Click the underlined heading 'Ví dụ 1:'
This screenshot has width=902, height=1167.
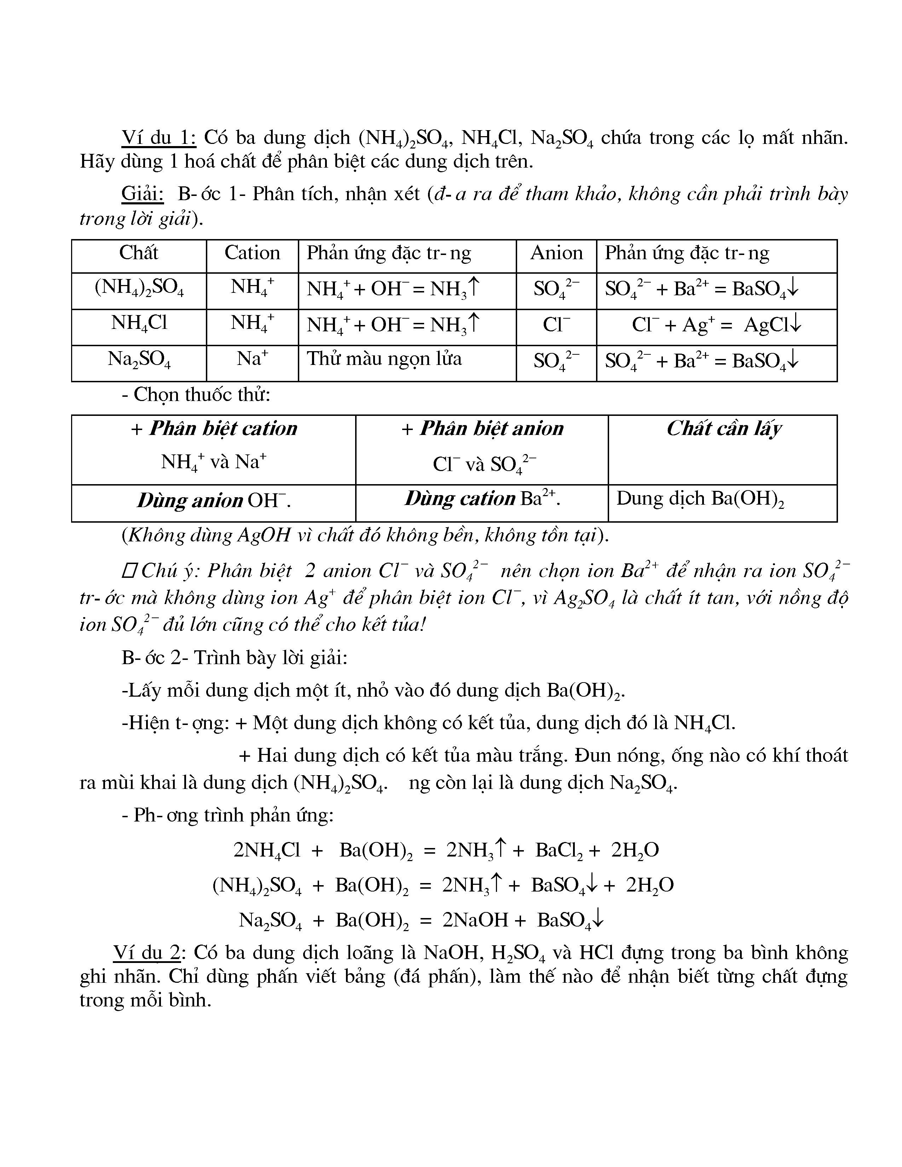[x=159, y=138]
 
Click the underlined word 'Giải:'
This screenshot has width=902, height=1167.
[x=142, y=194]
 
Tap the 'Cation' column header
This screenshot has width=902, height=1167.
[x=252, y=253]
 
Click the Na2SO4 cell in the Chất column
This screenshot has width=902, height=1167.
[x=139, y=359]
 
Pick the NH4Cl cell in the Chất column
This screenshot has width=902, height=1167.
[x=139, y=323]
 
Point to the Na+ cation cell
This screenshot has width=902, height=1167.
[x=252, y=359]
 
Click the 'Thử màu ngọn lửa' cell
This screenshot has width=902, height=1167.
[x=384, y=359]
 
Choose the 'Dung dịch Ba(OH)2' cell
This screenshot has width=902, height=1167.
[x=700, y=499]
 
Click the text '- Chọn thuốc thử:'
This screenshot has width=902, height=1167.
[x=196, y=395]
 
